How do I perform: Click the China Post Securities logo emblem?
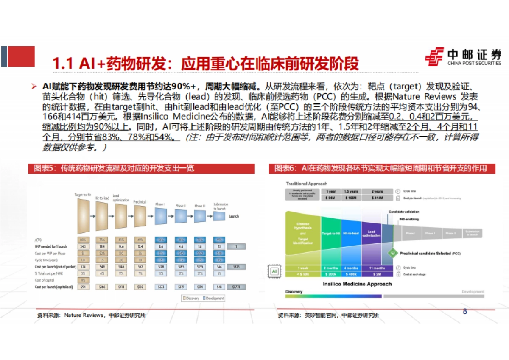pos(435,57)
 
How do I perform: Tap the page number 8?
pos(465,312)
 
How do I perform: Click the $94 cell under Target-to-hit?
pos(83,287)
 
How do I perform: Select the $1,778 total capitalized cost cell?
pos(236,287)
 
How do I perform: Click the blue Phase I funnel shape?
pos(161,217)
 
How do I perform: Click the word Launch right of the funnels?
pos(234,216)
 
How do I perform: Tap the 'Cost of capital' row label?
pos(45,280)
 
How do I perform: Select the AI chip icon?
pos(274,271)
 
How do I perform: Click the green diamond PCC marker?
pos(393,253)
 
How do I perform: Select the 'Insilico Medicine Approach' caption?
pos(357,284)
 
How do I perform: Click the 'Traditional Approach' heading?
pos(307,184)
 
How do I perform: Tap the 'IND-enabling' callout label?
pos(408,219)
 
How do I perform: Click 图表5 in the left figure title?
pos(45,168)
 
